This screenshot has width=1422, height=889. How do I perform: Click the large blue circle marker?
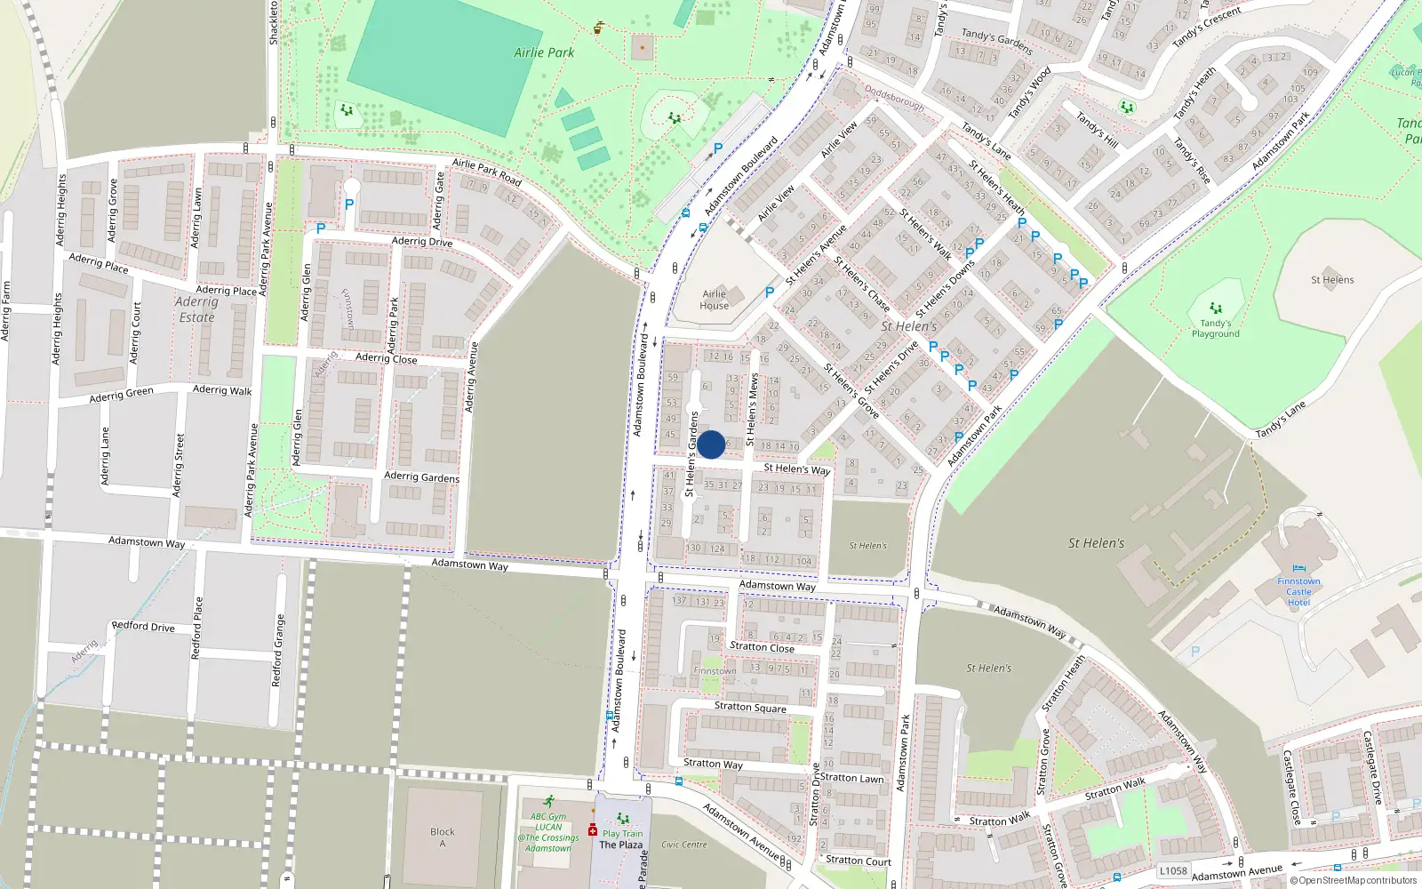click(x=711, y=444)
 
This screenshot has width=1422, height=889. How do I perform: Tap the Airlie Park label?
click(x=544, y=52)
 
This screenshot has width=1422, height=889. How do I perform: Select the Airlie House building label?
click(x=715, y=300)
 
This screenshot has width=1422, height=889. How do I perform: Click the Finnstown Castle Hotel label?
click(x=1298, y=591)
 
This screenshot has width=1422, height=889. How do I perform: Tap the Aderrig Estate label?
click(x=196, y=309)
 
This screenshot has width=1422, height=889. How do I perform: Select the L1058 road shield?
click(x=1173, y=870)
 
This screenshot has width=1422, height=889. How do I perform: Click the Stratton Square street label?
click(x=750, y=707)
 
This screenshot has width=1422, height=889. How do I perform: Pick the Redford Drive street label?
click(x=143, y=626)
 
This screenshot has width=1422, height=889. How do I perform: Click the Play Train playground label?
click(x=622, y=834)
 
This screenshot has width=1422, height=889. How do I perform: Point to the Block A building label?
click(x=442, y=837)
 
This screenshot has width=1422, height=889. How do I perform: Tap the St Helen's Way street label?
click(x=797, y=469)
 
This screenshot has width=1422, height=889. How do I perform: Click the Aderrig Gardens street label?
click(x=421, y=477)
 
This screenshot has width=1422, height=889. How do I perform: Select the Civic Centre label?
click(x=684, y=845)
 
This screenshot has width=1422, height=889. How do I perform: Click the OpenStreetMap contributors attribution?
click(x=1354, y=880)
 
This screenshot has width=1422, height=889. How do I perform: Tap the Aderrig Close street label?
click(x=386, y=358)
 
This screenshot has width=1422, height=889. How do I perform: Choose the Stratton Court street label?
click(x=858, y=860)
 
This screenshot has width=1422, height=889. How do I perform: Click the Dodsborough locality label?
click(x=894, y=99)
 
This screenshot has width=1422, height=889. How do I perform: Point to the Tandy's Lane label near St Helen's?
click(x=1281, y=420)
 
